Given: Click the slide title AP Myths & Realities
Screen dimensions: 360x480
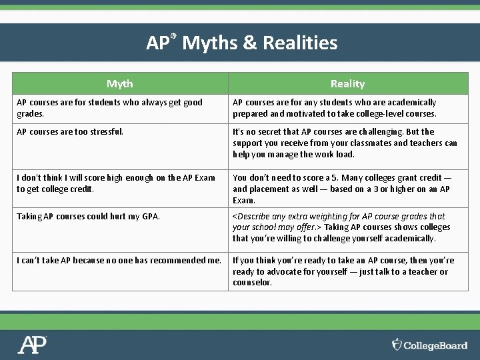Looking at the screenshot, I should click(x=242, y=43).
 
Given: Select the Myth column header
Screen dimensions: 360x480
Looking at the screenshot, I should click(x=120, y=84).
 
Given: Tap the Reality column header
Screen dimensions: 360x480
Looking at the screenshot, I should click(x=347, y=84).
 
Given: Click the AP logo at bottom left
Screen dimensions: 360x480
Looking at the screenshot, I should click(x=32, y=345).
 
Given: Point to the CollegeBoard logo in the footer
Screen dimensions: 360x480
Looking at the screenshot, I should click(x=429, y=345).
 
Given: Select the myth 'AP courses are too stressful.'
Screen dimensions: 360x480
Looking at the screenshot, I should click(x=70, y=132).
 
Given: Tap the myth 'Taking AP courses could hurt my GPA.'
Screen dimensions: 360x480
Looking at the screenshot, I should click(x=88, y=217).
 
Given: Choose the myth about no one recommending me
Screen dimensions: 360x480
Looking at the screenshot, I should click(x=119, y=261).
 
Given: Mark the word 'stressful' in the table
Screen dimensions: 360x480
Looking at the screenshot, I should click(x=103, y=132).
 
